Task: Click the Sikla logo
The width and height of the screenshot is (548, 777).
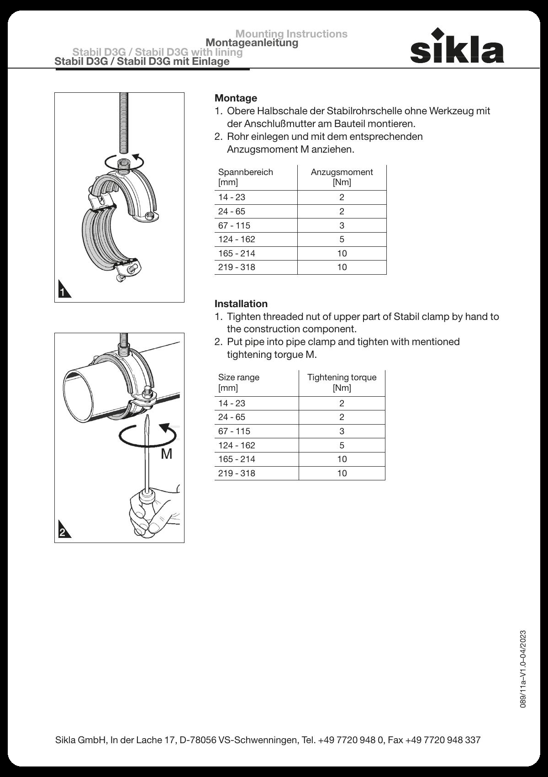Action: pos(457,47)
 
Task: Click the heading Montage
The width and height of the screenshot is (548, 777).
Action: pos(236,98)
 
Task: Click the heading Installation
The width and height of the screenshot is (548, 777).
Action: pos(241,303)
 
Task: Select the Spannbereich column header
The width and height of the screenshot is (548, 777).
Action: pos(246,177)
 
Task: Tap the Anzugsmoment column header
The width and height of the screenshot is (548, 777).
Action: pos(342,177)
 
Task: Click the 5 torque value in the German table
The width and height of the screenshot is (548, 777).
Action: pos(342,239)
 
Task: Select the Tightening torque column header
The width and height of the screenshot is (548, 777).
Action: pos(342,382)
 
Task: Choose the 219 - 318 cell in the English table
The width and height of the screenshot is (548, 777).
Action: pos(237,473)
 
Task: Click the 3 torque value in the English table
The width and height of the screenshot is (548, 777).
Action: pos(342,431)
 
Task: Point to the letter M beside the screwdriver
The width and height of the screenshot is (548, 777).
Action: pos(167,454)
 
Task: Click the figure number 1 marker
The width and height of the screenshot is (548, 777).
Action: pos(63,291)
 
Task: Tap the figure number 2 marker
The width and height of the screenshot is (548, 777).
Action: pos(63,532)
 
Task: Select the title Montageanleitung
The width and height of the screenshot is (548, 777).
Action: pos(252,43)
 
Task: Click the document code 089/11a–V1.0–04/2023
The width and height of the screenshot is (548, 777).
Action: pos(523,669)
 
